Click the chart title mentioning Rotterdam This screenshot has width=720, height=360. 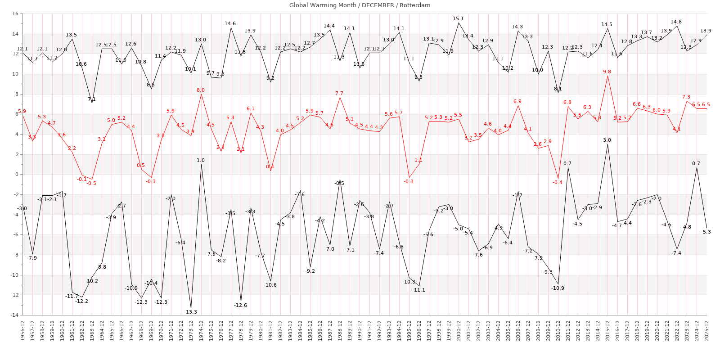[x=360, y=5]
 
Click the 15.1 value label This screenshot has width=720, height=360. [x=458, y=19]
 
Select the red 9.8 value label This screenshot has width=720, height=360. [x=607, y=72]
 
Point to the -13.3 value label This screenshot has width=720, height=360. [x=190, y=312]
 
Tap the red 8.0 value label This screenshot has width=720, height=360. [x=200, y=90]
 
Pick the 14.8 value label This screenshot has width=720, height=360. [x=676, y=22]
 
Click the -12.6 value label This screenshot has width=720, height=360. [x=240, y=305]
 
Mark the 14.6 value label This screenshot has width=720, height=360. [x=230, y=24]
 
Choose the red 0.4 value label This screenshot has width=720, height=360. [x=270, y=167]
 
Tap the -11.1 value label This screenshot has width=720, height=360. [x=418, y=290]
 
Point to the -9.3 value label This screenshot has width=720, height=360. [x=547, y=272]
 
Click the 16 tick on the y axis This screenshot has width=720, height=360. [x=15, y=14]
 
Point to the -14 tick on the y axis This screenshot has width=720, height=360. [x=13, y=315]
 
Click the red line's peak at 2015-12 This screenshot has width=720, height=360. [x=607, y=76]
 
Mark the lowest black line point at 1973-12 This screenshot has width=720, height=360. [x=191, y=308]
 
